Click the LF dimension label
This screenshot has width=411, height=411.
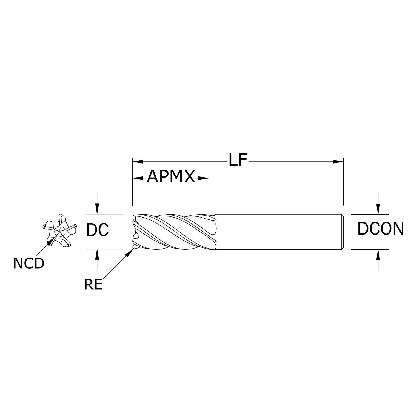tap(238, 160)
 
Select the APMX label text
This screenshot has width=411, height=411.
tap(171, 177)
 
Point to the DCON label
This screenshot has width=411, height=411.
tap(380, 229)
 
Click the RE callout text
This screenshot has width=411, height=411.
tap(93, 285)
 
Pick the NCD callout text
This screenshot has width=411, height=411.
tap(29, 264)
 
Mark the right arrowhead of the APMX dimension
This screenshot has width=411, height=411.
tap(203, 178)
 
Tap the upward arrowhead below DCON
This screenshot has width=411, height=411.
tap(378, 254)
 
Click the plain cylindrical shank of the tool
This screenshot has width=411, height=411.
tap(277, 232)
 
